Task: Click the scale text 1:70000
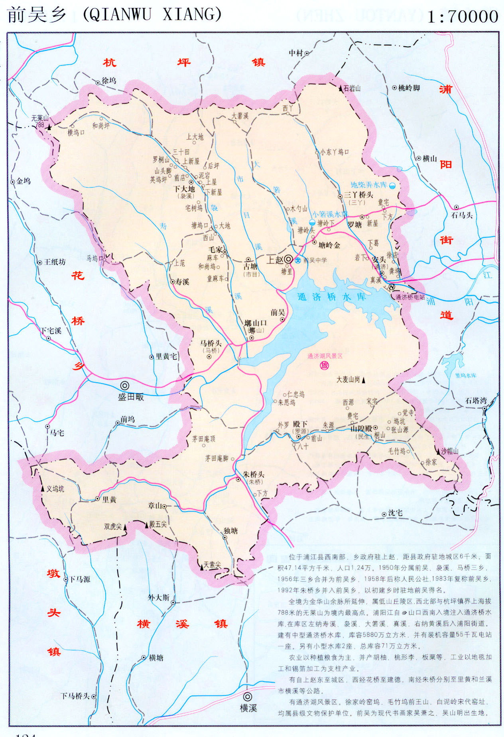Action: pyautogui.click(x=463, y=16)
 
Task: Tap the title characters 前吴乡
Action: pyautogui.click(x=37, y=15)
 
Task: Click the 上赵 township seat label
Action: pyautogui.click(x=275, y=260)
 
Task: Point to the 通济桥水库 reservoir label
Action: pyautogui.click(x=331, y=297)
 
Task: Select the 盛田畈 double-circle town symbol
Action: pyautogui.click(x=125, y=386)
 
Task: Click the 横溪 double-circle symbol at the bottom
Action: pyautogui.click(x=248, y=697)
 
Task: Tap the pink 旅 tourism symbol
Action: pyautogui.click(x=325, y=365)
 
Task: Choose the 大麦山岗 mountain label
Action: pyautogui.click(x=348, y=379)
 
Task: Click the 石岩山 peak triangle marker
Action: pyautogui.click(x=341, y=89)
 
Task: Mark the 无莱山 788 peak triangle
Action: pyautogui.click(x=49, y=127)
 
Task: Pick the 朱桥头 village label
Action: pyautogui.click(x=254, y=474)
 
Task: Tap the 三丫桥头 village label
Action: pyautogui.click(x=358, y=195)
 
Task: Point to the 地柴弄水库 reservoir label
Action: pyautogui.click(x=368, y=185)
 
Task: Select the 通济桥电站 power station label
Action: pyautogui.click(x=410, y=297)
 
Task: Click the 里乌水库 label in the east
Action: pyautogui.click(x=465, y=375)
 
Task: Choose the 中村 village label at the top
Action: pyautogui.click(x=296, y=53)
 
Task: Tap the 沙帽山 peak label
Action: pyautogui.click(x=449, y=451)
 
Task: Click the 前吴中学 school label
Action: pyautogui.click(x=315, y=260)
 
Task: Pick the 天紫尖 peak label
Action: pyautogui.click(x=212, y=565)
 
